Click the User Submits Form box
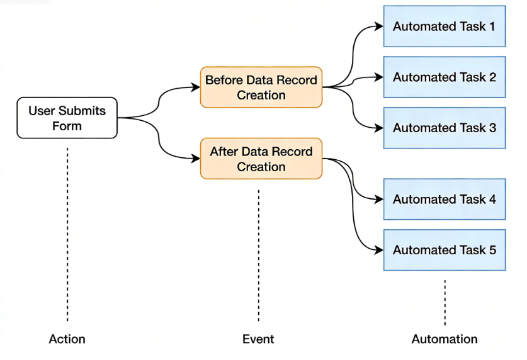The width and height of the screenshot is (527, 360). [x=67, y=118]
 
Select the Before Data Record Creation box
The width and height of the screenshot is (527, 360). [x=261, y=87]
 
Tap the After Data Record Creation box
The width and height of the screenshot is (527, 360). [x=261, y=159]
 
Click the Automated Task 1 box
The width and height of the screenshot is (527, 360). [x=444, y=26]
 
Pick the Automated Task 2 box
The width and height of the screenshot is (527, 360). [x=444, y=77]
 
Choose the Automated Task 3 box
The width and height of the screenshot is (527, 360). [x=444, y=128]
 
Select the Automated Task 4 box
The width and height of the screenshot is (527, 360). [x=444, y=200]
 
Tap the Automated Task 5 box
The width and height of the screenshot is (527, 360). [x=444, y=250]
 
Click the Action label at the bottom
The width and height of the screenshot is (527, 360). [x=67, y=339]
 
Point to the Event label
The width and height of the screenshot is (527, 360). [x=258, y=339]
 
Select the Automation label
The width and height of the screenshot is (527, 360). [x=444, y=339]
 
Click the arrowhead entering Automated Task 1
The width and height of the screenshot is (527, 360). [x=378, y=26]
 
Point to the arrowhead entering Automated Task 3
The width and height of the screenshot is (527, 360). [x=378, y=128]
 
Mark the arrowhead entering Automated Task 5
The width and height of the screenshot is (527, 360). [x=378, y=250]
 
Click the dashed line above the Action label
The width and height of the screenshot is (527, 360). [x=67, y=233]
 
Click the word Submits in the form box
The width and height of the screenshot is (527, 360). [x=84, y=111]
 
